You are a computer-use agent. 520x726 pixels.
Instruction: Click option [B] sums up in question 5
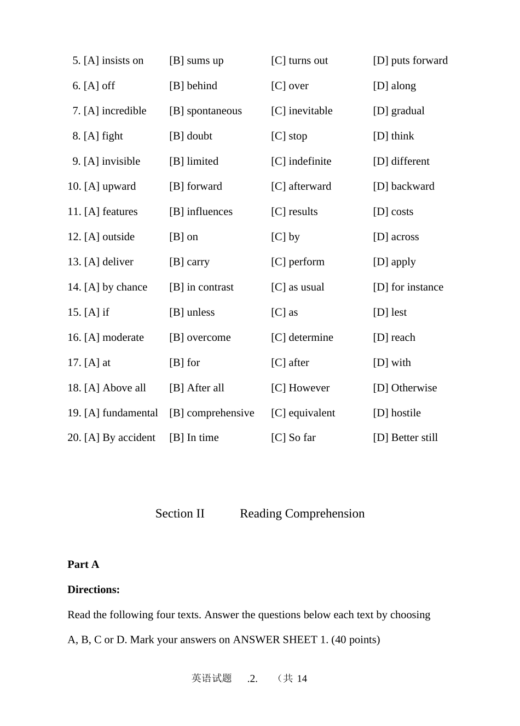point(196,61)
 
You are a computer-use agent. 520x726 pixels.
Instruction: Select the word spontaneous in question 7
point(214,111)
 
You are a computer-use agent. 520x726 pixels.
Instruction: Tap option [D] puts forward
point(410,61)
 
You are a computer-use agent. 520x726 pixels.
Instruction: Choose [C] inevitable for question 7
point(302,111)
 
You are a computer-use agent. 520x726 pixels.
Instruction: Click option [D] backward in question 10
point(403,187)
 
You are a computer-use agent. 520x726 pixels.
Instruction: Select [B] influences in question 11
point(200,212)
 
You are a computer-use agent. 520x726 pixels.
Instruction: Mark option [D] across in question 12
point(396,237)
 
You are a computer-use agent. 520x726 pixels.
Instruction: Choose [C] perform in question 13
point(297,262)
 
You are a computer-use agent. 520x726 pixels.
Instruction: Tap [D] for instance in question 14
point(408,287)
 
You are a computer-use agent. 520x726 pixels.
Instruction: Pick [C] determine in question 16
point(302,338)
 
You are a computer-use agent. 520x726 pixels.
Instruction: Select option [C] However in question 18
point(300,388)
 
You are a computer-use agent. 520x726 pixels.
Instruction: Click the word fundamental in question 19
point(130,413)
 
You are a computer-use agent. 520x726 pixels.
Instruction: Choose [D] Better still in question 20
point(405,438)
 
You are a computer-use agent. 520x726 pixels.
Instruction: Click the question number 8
point(76,136)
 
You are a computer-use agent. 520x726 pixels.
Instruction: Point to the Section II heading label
point(180,514)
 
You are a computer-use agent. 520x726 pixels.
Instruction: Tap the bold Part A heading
point(83,565)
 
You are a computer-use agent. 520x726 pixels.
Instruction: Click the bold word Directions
point(93,590)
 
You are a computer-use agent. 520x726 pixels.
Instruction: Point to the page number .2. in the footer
point(252,679)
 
